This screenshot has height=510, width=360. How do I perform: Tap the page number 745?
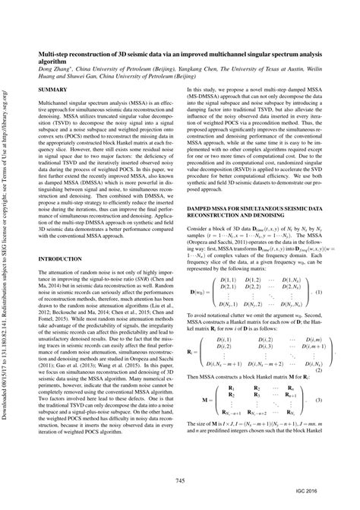tap(180, 480)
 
